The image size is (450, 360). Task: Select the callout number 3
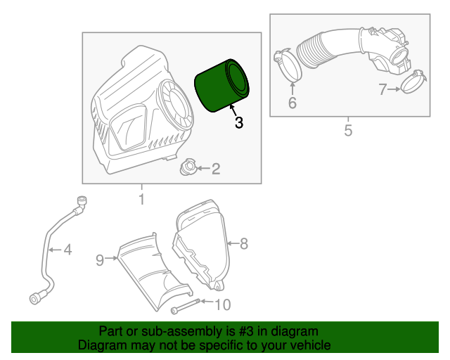238,123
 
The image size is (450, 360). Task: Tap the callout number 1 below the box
141,200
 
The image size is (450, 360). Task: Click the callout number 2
216,168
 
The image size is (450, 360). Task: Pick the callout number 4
67,249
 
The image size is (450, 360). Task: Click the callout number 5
347,130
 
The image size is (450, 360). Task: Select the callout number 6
292,103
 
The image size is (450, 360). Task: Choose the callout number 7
382,89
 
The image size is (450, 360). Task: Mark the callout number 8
244,244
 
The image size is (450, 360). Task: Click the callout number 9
100,260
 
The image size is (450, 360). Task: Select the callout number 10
222,304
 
